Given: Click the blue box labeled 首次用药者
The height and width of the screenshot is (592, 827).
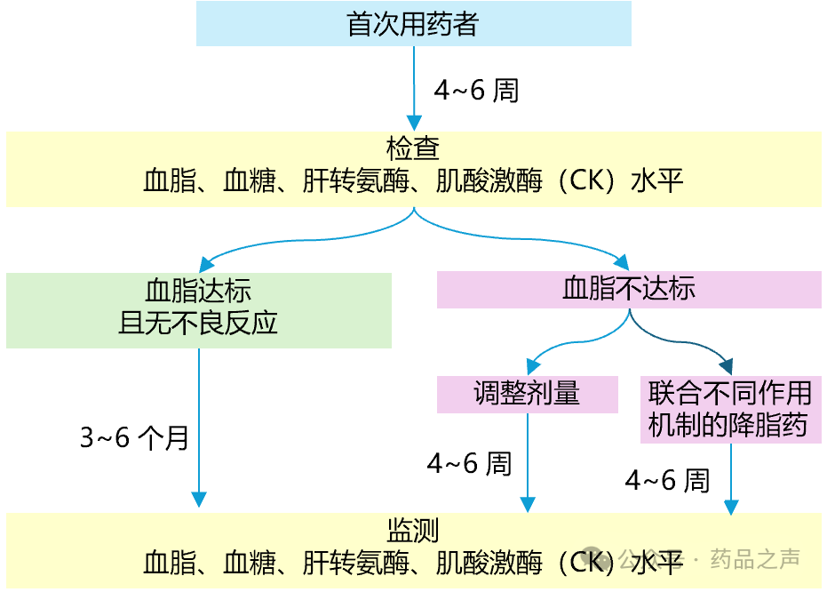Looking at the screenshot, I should pos(413,24).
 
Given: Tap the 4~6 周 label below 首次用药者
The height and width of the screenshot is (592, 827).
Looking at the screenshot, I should pos(476,91).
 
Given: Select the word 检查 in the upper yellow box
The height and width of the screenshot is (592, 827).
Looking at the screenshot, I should pos(413,148).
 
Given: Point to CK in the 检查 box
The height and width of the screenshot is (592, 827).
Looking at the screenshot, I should pos(585,181).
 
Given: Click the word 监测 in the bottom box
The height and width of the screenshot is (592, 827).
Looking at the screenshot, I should pos(413,530).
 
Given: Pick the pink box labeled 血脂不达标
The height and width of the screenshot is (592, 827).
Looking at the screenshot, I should pos(628,290).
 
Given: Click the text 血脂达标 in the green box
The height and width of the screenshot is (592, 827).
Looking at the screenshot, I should pos(198,291).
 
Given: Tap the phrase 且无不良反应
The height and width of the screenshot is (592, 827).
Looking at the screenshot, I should pos(198,322).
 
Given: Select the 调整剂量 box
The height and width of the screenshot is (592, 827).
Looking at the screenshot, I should pos(527,394).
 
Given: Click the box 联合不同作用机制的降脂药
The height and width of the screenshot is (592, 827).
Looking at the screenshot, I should pos(730,410).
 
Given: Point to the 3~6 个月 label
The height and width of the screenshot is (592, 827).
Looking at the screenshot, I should pos(134,438).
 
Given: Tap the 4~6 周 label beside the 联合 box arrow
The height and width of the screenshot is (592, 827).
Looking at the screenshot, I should pos(668,481).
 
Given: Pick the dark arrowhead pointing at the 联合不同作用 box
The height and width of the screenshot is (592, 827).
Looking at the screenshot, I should pos(726,366).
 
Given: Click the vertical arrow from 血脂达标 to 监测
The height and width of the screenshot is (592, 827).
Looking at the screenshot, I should pos(198,427).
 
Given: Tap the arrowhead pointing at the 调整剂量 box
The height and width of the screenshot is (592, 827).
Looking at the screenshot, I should pos(533,366).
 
